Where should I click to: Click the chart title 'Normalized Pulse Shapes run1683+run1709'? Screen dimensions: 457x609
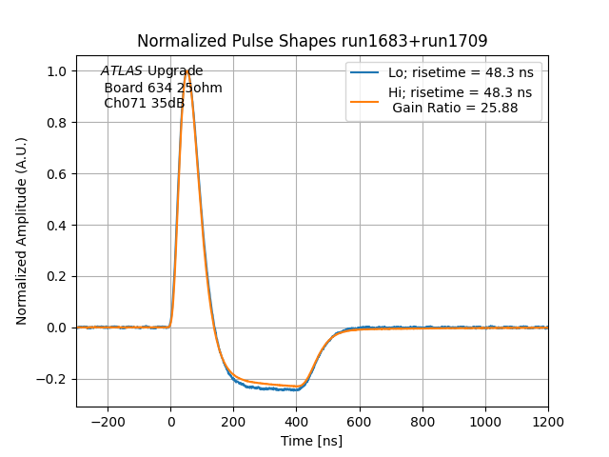pos(312,41)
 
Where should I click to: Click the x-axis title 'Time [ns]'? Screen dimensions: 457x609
pos(311,441)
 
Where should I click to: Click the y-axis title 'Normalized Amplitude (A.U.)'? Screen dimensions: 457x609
pos(22,231)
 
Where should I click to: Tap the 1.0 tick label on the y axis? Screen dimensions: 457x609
pos(57,71)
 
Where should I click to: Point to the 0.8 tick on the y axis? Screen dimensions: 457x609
pos(57,123)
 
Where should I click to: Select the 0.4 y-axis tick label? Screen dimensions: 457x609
pos(57,226)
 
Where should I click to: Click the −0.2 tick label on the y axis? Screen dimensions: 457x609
pos(52,379)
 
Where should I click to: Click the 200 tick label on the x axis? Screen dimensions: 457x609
pos(234,421)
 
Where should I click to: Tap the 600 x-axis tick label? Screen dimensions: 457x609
pos(360,421)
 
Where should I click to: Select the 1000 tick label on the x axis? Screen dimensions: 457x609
pos(485,421)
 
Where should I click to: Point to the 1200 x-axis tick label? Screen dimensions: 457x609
pos(548,421)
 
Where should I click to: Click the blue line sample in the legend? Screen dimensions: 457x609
pos(366,72)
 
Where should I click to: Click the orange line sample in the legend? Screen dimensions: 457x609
pos(366,92)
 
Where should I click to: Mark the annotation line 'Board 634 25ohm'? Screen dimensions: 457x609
pos(163,88)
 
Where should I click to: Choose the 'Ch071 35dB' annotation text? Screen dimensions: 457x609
pos(144,103)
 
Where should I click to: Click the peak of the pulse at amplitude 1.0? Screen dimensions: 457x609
pos(187,71)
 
